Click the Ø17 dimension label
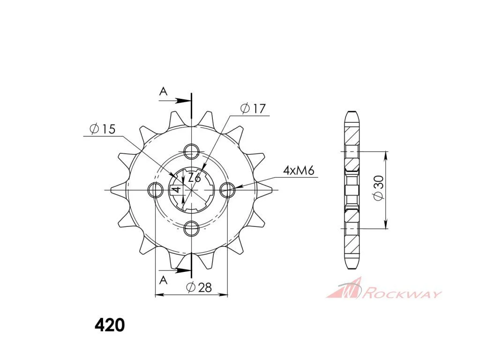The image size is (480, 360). coord(253,108)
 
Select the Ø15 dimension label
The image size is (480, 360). coord(103,129)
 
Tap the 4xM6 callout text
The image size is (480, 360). coord(299,170)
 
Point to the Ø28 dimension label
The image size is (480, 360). coord(199,287)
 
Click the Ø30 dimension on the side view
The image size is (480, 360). coord(378,187)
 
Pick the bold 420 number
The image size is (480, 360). coord(110,325)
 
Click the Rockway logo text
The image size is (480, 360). coord(401,294)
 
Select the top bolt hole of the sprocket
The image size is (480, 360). coord(192,150)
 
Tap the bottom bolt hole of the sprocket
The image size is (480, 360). coord(192,228)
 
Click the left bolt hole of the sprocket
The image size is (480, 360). coord(156,190)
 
